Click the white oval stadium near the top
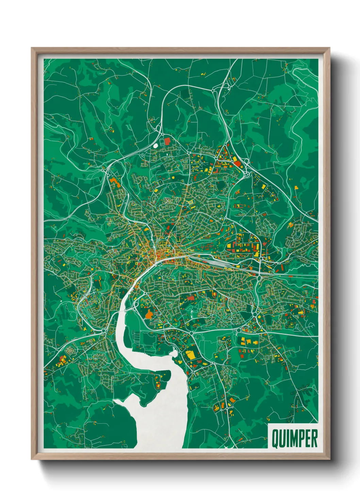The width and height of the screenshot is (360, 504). (156, 145)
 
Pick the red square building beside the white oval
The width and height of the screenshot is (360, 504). (167, 141)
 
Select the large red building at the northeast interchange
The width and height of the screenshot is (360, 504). (237, 163)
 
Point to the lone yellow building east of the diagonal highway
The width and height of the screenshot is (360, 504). (296, 187)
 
